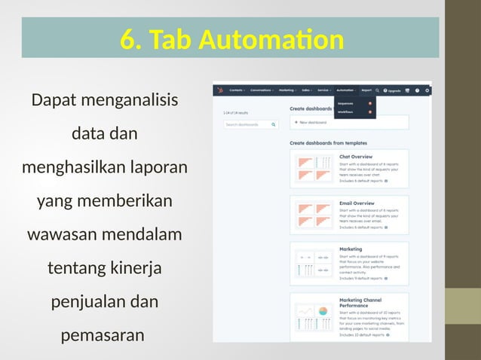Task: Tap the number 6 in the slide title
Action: pos(127,41)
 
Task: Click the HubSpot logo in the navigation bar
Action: pos(220,90)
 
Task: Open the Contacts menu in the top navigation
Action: pos(236,90)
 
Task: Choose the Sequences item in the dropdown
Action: pos(347,103)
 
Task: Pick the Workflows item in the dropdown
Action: pos(347,112)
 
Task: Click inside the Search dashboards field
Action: pos(247,124)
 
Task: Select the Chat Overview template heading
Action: pos(357,157)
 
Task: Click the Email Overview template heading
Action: pos(357,203)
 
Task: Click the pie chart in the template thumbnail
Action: pos(323,311)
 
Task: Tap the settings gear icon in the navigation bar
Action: pos(427,90)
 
